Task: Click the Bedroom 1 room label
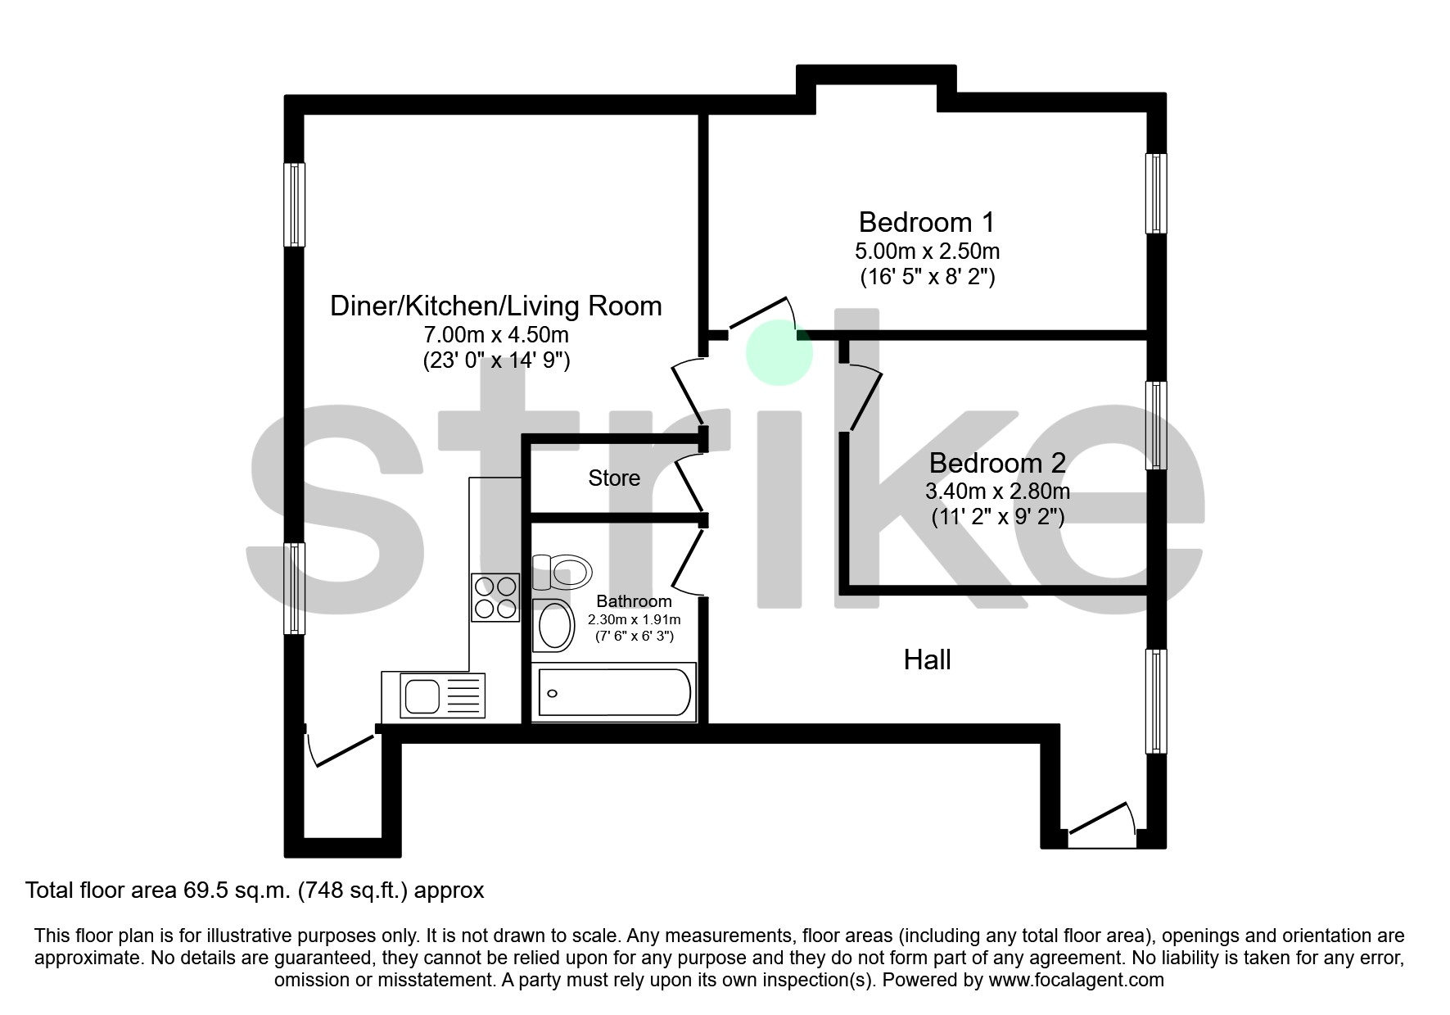(926, 222)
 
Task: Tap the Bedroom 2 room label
(996, 463)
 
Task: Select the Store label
(614, 478)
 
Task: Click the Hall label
(927, 659)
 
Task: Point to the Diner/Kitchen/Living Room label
(495, 306)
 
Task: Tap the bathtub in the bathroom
(614, 693)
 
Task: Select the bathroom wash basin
(554, 626)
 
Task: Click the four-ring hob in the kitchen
(495, 597)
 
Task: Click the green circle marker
(779, 352)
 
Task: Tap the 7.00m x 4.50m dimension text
(495, 335)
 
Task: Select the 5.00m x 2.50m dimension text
(926, 251)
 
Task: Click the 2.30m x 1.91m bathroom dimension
(634, 619)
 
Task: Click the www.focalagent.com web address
(1076, 980)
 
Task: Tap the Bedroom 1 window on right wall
(1155, 193)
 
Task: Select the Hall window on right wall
(1155, 701)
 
